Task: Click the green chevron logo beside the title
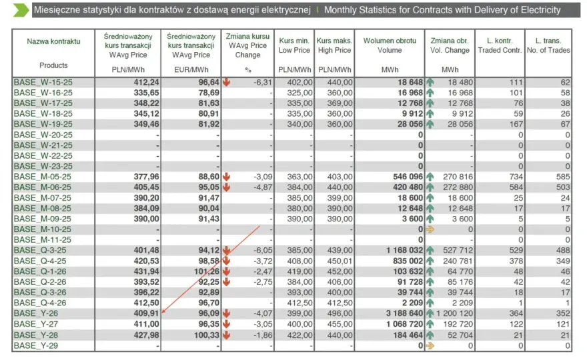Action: pos(21,10)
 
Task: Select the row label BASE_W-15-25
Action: pos(43,82)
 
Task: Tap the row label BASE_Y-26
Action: pos(36,313)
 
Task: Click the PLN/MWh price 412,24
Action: pos(146,82)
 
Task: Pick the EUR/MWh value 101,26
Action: pos(206,271)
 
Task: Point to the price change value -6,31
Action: pos(263,82)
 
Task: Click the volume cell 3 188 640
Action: pos(405,313)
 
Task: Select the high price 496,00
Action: pos(340,313)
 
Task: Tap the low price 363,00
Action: pos(300,177)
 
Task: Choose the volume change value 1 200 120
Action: pos(454,313)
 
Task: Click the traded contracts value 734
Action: pos(516,177)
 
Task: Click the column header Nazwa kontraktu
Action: pos(53,41)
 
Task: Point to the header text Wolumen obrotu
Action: pos(390,41)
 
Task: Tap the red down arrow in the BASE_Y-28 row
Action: pos(226,335)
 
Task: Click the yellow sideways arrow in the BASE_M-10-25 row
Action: pos(430,229)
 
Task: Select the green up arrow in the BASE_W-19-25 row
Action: pos(430,124)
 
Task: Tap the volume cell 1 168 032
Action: pos(405,251)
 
